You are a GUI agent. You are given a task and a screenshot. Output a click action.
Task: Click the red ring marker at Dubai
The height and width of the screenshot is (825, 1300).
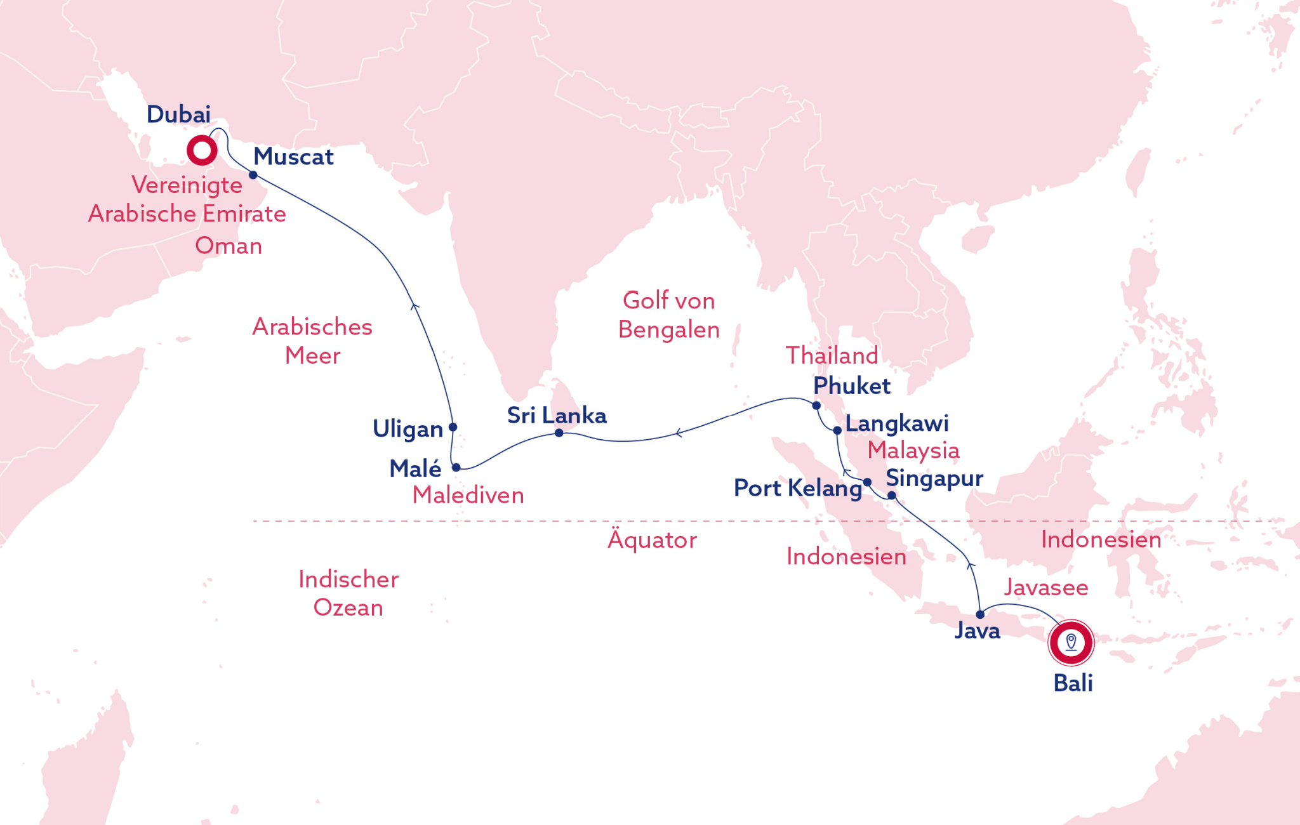[202, 151]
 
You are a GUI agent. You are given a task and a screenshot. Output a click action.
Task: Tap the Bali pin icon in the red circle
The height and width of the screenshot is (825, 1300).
[1071, 642]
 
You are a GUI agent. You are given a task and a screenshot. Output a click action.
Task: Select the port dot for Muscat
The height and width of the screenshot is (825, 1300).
[253, 175]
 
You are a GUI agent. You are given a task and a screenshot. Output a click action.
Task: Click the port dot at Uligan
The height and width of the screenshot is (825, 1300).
[453, 427]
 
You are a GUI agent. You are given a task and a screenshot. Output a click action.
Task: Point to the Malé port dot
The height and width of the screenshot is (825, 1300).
[456, 468]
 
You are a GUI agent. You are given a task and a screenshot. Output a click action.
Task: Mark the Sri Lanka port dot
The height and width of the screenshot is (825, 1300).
[559, 433]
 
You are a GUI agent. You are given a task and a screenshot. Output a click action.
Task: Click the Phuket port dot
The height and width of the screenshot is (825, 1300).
[816, 406]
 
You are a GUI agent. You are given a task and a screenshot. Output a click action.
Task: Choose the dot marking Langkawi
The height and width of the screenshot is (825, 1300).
[837, 430]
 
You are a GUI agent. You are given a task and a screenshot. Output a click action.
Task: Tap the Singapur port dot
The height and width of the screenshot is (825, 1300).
[891, 496]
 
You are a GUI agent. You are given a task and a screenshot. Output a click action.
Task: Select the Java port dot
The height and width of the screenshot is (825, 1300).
[980, 614]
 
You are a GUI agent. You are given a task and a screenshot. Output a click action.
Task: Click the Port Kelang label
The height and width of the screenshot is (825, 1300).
[797, 488]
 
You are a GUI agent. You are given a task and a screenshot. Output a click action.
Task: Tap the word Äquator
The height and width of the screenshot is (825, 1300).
[652, 540]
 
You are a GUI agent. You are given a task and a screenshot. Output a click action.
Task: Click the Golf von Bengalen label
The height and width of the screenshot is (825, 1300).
[668, 315]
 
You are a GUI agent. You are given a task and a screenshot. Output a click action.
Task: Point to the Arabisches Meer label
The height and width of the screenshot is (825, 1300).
[312, 341]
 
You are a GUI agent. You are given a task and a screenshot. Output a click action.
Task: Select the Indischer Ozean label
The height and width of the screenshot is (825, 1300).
[348, 593]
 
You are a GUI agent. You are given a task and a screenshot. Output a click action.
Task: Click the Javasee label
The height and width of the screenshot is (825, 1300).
[1045, 588]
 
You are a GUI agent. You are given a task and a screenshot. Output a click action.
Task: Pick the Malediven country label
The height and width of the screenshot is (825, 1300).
[468, 496]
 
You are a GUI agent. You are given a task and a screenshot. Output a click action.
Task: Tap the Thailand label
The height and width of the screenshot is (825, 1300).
[832, 355]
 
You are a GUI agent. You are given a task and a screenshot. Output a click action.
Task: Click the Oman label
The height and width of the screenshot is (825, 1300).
[229, 246]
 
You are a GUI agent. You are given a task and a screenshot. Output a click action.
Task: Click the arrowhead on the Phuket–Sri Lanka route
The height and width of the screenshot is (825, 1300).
[678, 433]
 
